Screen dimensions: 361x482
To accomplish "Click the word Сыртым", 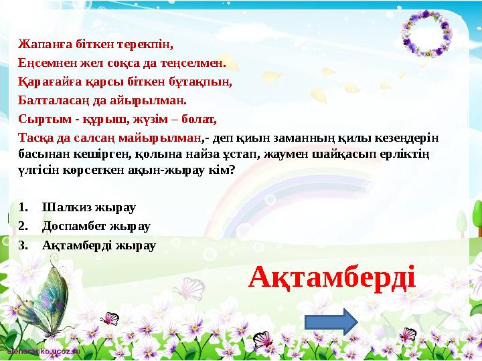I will point(38,121).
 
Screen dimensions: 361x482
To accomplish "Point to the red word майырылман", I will point(169,138).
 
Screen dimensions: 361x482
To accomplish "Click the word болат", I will point(200,121).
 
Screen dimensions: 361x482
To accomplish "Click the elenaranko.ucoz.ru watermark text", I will point(43,350).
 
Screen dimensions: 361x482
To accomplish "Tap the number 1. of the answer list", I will point(23,207).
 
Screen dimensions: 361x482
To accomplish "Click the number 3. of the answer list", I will point(23,245).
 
